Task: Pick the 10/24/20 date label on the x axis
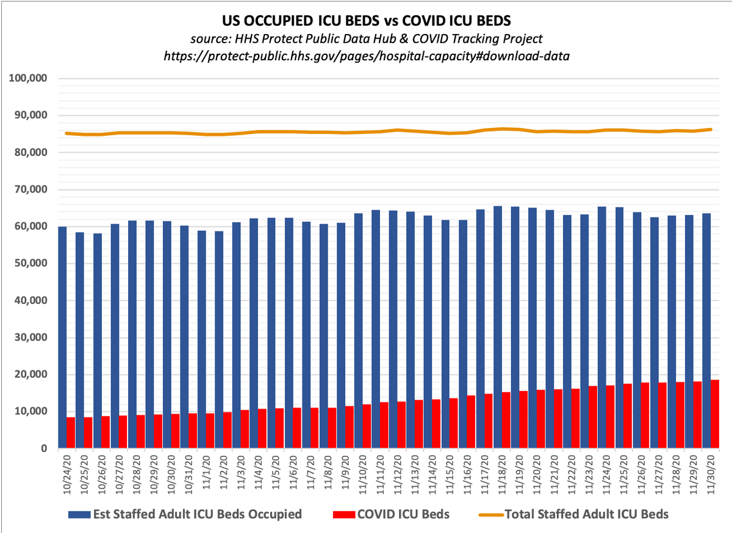[66, 472]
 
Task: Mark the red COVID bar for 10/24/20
[71, 432]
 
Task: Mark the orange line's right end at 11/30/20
[711, 129]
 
